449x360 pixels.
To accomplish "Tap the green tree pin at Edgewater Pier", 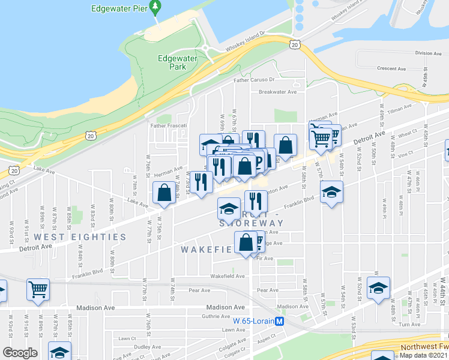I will [x=156, y=8].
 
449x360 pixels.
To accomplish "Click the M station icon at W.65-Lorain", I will [x=280, y=321].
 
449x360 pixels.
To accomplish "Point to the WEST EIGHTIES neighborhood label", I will [x=80, y=237].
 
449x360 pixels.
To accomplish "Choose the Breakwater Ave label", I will [x=278, y=92].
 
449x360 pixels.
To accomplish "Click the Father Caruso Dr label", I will [x=253, y=79].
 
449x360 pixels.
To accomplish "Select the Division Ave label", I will [x=429, y=53].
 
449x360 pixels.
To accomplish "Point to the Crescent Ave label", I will [x=391, y=68].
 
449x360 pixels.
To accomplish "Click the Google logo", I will [x=20, y=353].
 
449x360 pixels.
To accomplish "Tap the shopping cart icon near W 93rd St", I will [x=38, y=289].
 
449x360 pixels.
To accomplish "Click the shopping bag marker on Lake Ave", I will [x=164, y=193].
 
